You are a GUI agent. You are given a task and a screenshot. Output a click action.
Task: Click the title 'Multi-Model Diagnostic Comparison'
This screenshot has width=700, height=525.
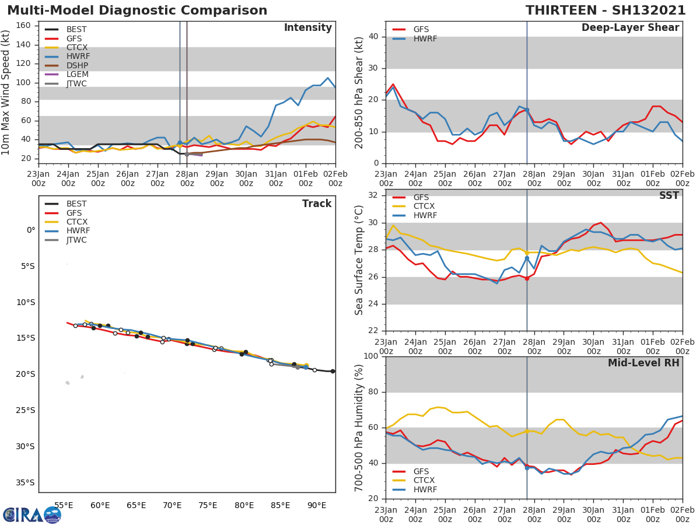click(137, 10)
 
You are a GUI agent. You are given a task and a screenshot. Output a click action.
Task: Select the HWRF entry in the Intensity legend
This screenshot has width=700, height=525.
click(78, 57)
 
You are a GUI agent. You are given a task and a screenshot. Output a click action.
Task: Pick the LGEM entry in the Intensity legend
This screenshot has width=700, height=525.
click(78, 75)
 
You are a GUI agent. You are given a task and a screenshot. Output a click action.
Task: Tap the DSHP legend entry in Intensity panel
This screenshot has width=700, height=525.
click(78, 65)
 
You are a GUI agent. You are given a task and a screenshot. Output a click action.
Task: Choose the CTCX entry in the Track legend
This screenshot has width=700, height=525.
click(76, 222)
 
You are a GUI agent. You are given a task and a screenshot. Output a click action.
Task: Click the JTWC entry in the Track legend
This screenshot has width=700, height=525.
click(76, 240)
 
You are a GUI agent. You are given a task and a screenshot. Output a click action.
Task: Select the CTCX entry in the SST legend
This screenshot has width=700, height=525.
click(423, 206)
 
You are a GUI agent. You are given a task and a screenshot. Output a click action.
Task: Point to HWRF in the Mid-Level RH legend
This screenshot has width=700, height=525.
click(423, 490)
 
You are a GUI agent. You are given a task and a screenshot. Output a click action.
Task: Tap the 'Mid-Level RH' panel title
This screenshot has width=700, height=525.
click(643, 363)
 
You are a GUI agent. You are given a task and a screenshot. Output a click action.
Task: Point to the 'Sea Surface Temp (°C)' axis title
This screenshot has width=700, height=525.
click(360, 260)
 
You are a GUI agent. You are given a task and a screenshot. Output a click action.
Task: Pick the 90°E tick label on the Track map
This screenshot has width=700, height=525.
click(317, 505)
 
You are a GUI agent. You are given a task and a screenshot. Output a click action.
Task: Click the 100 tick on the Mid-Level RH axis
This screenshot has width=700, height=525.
click(371, 356)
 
